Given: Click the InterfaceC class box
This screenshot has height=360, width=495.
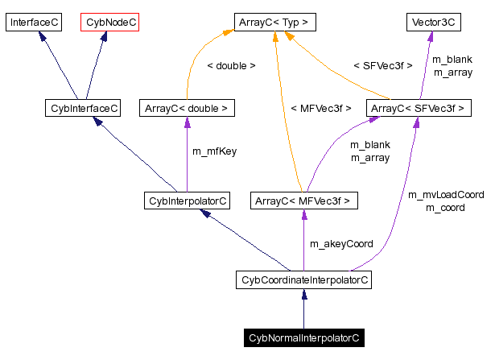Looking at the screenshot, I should click(x=34, y=23).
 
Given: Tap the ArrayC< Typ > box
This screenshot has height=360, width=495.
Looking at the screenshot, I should click(x=274, y=23).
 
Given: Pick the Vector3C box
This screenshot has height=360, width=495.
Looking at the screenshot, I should click(x=431, y=23).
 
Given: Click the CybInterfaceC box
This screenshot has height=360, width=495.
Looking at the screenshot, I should click(x=83, y=107).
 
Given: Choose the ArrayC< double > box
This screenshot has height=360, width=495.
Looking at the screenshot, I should click(x=187, y=107).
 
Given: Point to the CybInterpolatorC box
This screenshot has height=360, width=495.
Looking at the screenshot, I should click(x=185, y=200).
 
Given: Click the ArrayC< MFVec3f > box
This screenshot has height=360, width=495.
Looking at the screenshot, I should click(x=303, y=200).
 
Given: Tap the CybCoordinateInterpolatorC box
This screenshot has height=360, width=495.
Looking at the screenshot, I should click(x=304, y=280).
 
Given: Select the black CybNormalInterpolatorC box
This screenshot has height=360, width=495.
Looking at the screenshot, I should click(x=303, y=338).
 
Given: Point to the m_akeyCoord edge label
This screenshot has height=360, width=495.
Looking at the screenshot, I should click(x=341, y=243).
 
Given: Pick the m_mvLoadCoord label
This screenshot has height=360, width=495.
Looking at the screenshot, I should click(x=446, y=195).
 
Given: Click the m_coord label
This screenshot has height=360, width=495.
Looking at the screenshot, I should click(x=445, y=208).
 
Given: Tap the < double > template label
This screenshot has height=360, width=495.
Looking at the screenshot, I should click(x=231, y=66).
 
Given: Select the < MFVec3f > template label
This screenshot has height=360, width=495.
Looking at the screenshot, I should click(x=320, y=108).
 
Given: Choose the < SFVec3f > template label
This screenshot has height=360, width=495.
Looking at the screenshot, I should click(x=382, y=66).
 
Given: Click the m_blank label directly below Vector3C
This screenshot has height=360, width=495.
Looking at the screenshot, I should click(x=452, y=60).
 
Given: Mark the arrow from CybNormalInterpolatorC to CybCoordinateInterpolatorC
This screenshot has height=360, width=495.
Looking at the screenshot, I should click(x=303, y=309).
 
